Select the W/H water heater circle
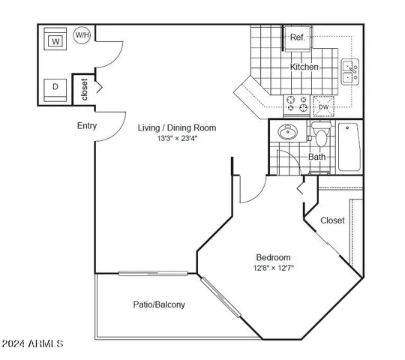(x=82, y=34)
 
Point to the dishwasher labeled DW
(x=323, y=107)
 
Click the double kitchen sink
(x=350, y=71)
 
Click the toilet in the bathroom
(x=321, y=136)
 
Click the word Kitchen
(x=304, y=67)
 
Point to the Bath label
(x=316, y=157)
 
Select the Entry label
(x=87, y=126)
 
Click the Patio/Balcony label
(x=160, y=304)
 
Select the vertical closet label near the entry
(x=84, y=90)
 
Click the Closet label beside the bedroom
(x=332, y=220)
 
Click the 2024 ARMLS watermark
(x=33, y=343)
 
